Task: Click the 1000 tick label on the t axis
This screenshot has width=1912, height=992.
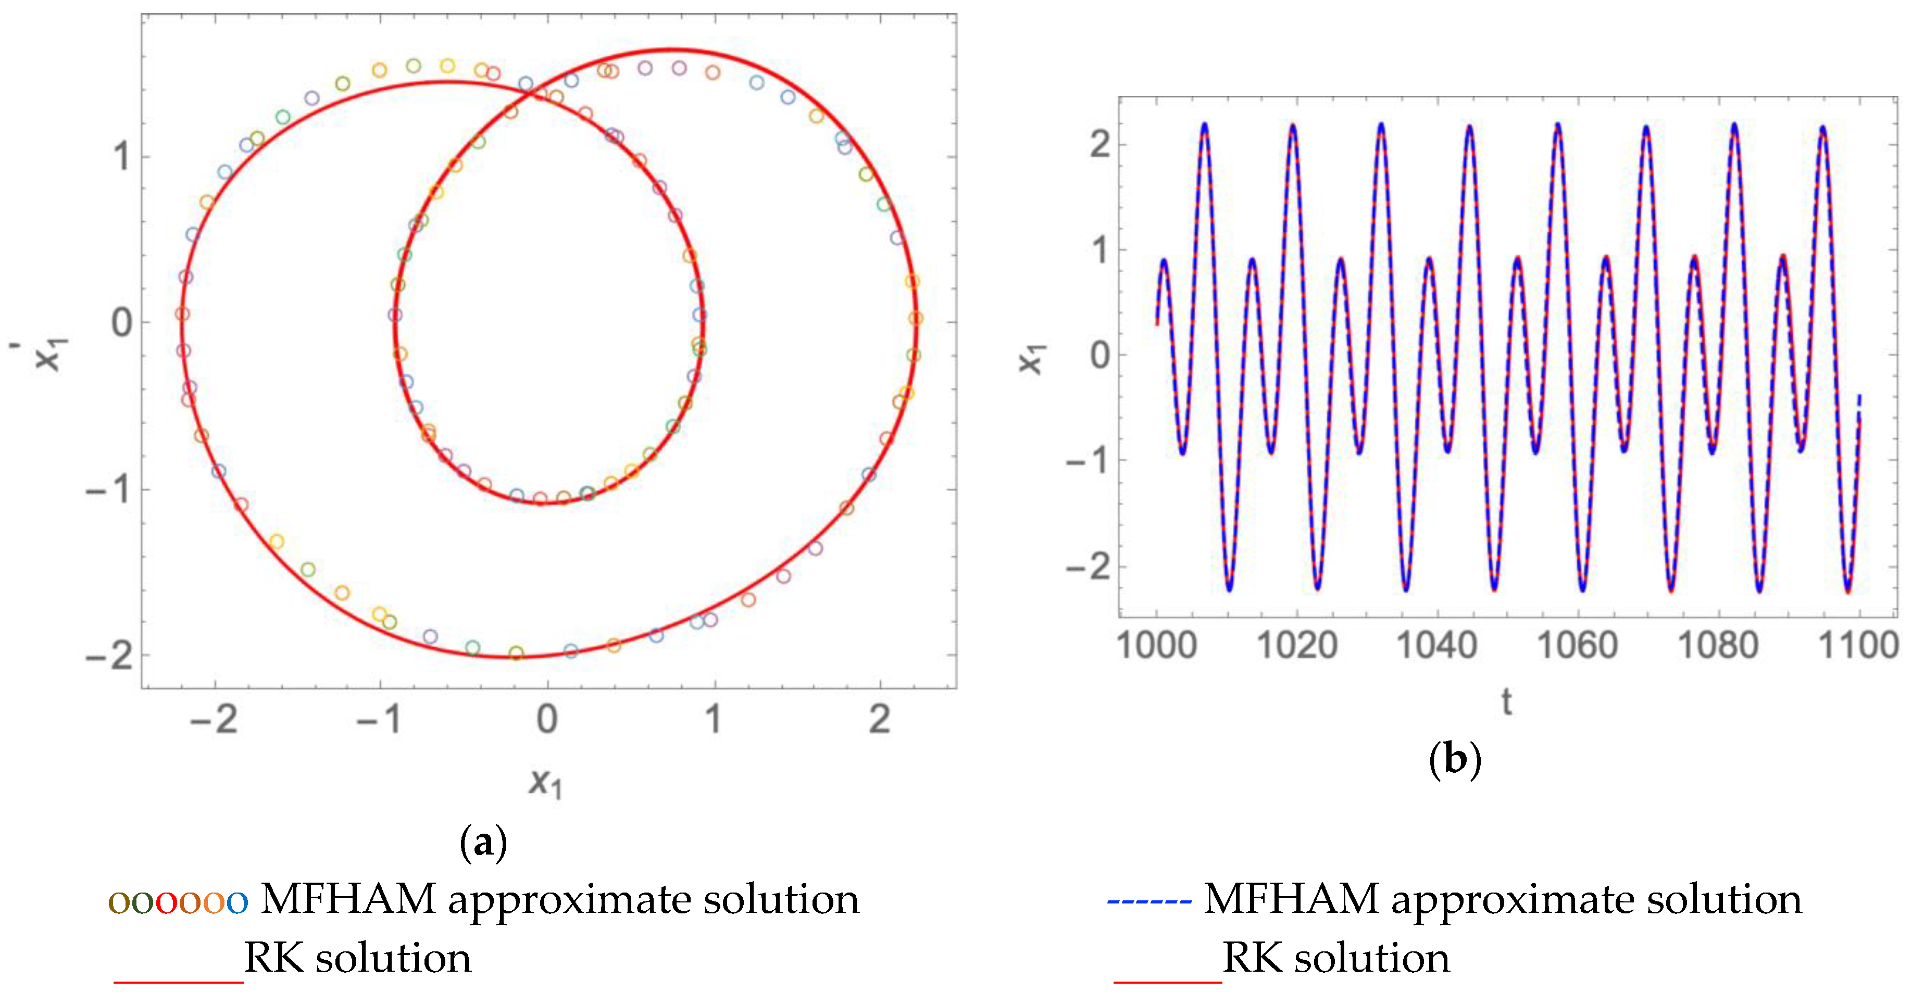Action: pyautogui.click(x=1156, y=645)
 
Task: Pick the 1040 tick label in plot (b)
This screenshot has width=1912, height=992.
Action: pyautogui.click(x=1437, y=645)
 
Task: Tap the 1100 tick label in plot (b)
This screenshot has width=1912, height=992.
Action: pyautogui.click(x=1858, y=645)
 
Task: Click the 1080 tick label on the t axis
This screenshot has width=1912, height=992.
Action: pyautogui.click(x=1718, y=645)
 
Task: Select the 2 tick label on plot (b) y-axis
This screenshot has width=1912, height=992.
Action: pyautogui.click(x=1100, y=144)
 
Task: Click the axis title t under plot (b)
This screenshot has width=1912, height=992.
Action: pyautogui.click(x=1507, y=701)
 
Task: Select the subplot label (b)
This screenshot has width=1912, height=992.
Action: pyautogui.click(x=1455, y=760)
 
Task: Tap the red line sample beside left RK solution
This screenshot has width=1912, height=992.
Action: pyautogui.click(x=178, y=981)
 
